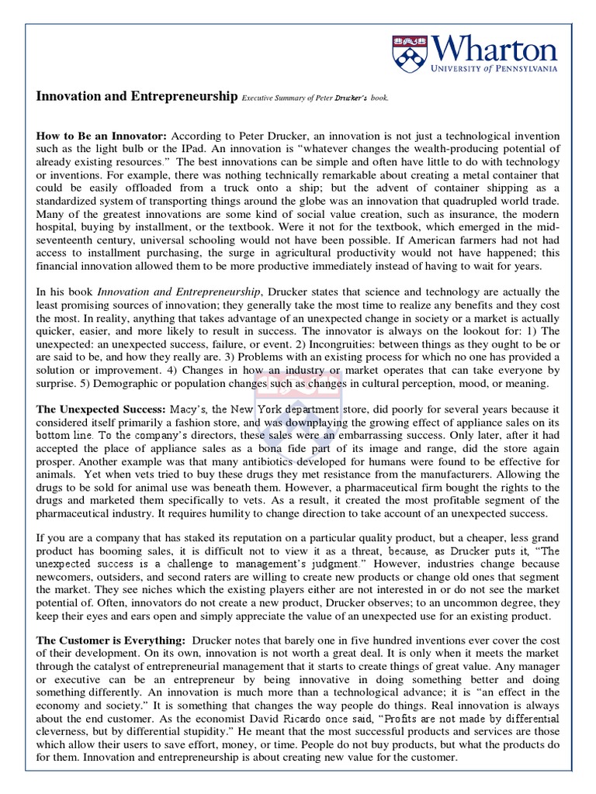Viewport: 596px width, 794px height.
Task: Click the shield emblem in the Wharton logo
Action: (407, 54)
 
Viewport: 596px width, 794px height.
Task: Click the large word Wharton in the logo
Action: (494, 50)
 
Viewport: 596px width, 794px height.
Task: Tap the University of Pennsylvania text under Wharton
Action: (494, 70)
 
